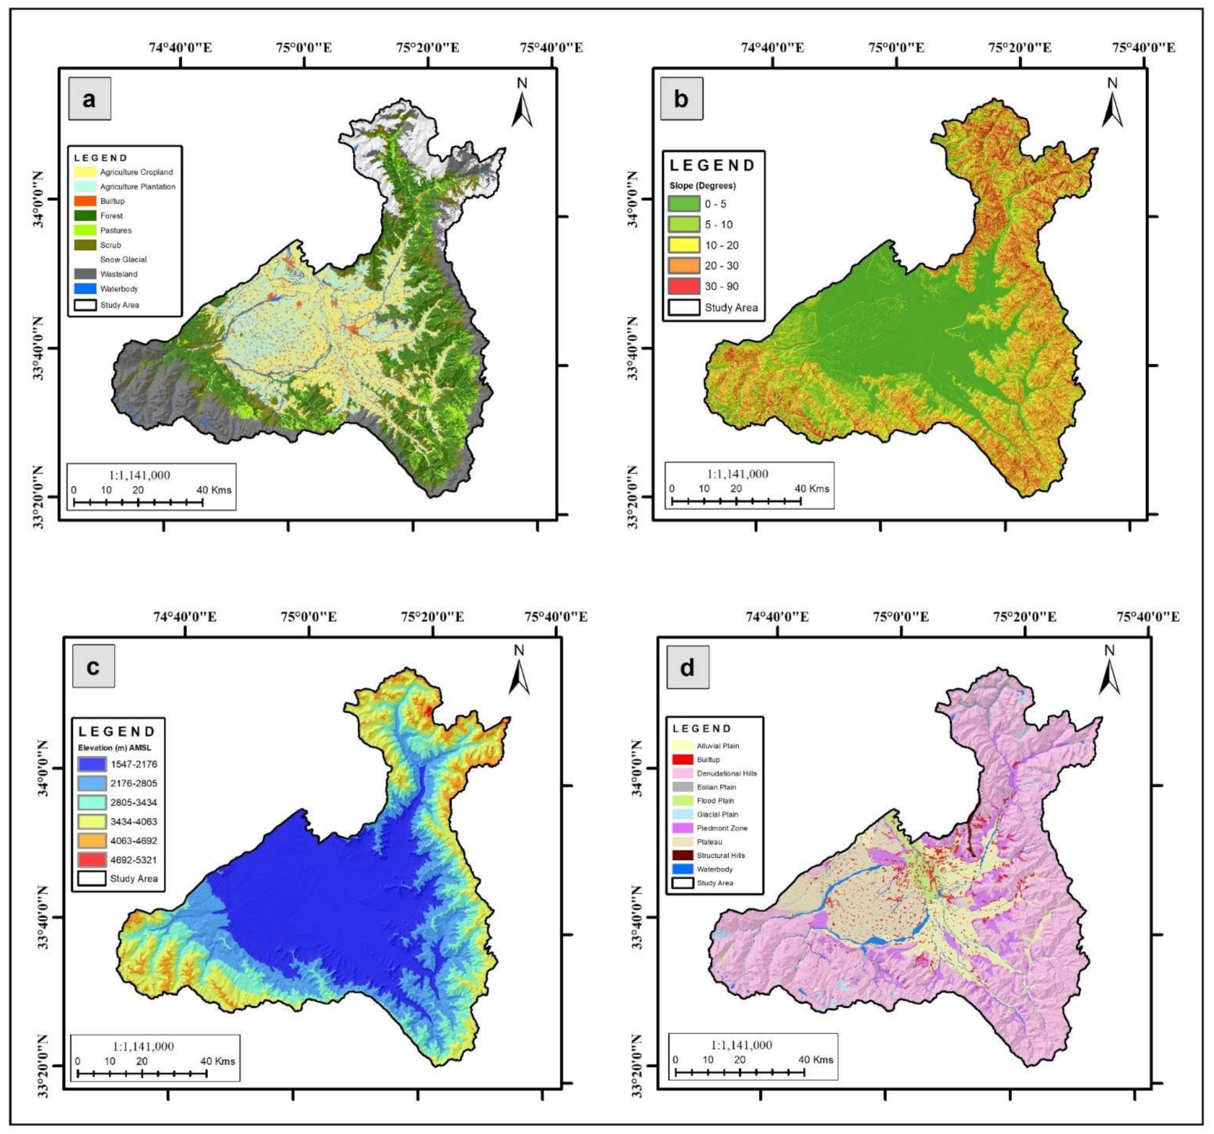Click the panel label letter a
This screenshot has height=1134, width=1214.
point(89,99)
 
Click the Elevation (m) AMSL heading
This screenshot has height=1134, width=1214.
point(114,748)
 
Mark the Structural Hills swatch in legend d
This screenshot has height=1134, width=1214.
point(682,856)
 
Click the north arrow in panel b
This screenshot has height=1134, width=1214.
point(1112,104)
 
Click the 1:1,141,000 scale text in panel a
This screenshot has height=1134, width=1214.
point(139,475)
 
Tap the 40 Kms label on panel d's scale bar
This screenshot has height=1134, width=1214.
point(816,1060)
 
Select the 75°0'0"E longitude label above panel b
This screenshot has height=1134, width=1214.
point(897,47)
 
